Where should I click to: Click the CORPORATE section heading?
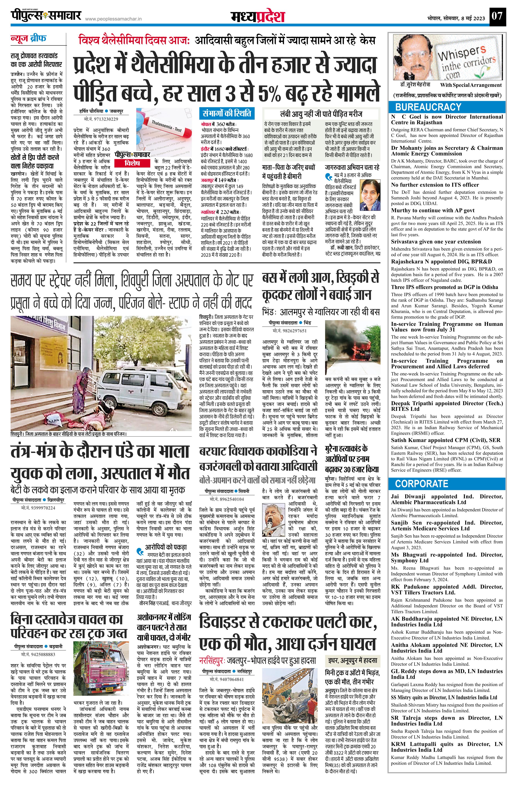[x=421, y=484]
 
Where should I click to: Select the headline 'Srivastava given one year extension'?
[x=436, y=242]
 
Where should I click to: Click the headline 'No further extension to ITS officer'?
[x=435, y=185]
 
